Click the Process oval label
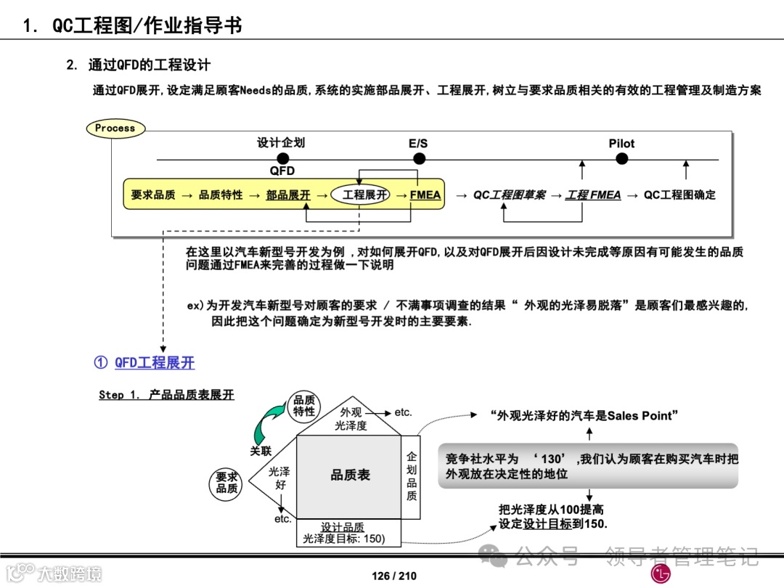pos(115,128)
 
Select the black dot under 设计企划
pos(282,158)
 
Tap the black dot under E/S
pos(418,158)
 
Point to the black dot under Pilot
pos(621,158)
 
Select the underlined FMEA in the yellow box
pos(425,195)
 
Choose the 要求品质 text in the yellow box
pos(153,195)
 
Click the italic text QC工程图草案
pos(509,195)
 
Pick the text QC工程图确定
pos(679,195)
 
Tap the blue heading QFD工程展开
pos(154,362)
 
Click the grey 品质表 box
pos(350,475)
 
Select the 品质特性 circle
pos(304,406)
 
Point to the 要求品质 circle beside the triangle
pos(226,483)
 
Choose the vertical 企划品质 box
pos(412,476)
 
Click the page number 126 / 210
pos(394,576)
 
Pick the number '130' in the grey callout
pos(552,459)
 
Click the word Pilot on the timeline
pos(621,144)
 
